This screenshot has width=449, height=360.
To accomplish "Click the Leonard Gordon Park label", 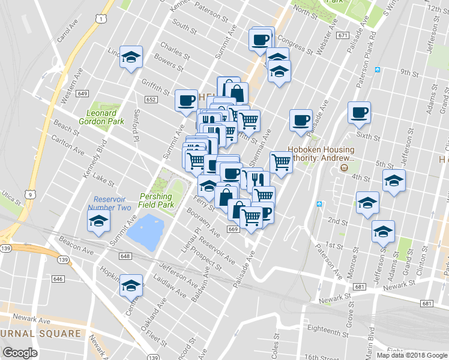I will click(101, 117).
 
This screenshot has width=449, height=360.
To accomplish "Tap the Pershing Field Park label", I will click(156, 200).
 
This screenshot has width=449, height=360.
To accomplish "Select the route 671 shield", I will click(343, 35).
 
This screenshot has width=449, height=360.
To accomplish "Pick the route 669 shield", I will click(233, 229).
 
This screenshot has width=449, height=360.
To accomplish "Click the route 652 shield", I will click(150, 100).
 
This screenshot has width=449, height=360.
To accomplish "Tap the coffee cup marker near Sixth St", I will click(360, 112).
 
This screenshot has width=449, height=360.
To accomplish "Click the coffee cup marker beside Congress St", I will click(261, 39).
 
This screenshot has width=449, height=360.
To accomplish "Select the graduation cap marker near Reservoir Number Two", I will click(99, 221).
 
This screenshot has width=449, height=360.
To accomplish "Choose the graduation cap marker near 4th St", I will click(394, 180).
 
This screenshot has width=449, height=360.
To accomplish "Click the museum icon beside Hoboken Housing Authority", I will click(344, 167).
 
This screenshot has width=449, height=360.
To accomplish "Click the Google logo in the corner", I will click(20, 353).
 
